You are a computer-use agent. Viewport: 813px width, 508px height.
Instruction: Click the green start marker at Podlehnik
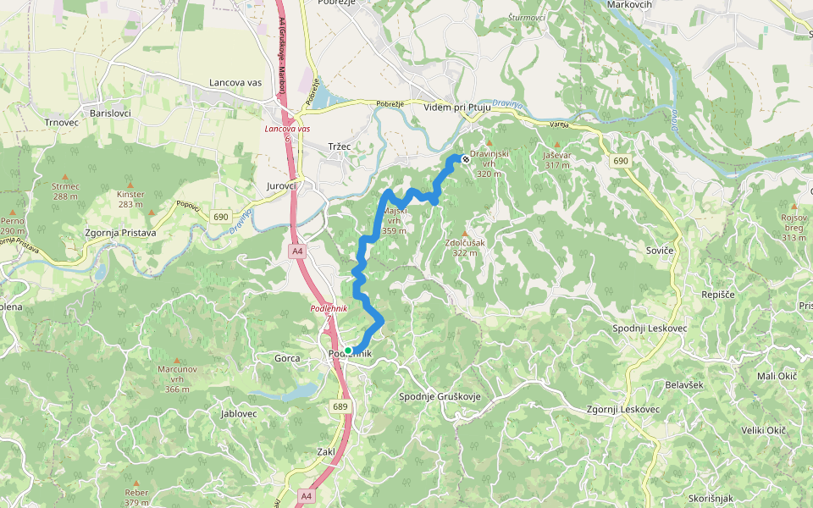(x=348, y=351)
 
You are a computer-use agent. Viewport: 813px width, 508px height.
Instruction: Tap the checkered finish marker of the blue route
(x=466, y=158)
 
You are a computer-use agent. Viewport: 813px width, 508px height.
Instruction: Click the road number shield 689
(x=340, y=407)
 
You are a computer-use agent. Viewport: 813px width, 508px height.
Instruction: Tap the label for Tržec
(x=339, y=147)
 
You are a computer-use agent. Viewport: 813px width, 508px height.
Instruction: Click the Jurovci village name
(x=281, y=185)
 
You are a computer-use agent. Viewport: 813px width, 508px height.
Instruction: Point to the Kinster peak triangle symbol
(x=130, y=184)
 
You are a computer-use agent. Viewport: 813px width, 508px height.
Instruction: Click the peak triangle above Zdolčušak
(x=464, y=233)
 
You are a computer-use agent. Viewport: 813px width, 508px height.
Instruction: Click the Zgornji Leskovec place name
(x=623, y=409)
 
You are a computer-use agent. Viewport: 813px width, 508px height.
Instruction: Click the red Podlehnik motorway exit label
(x=329, y=308)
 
